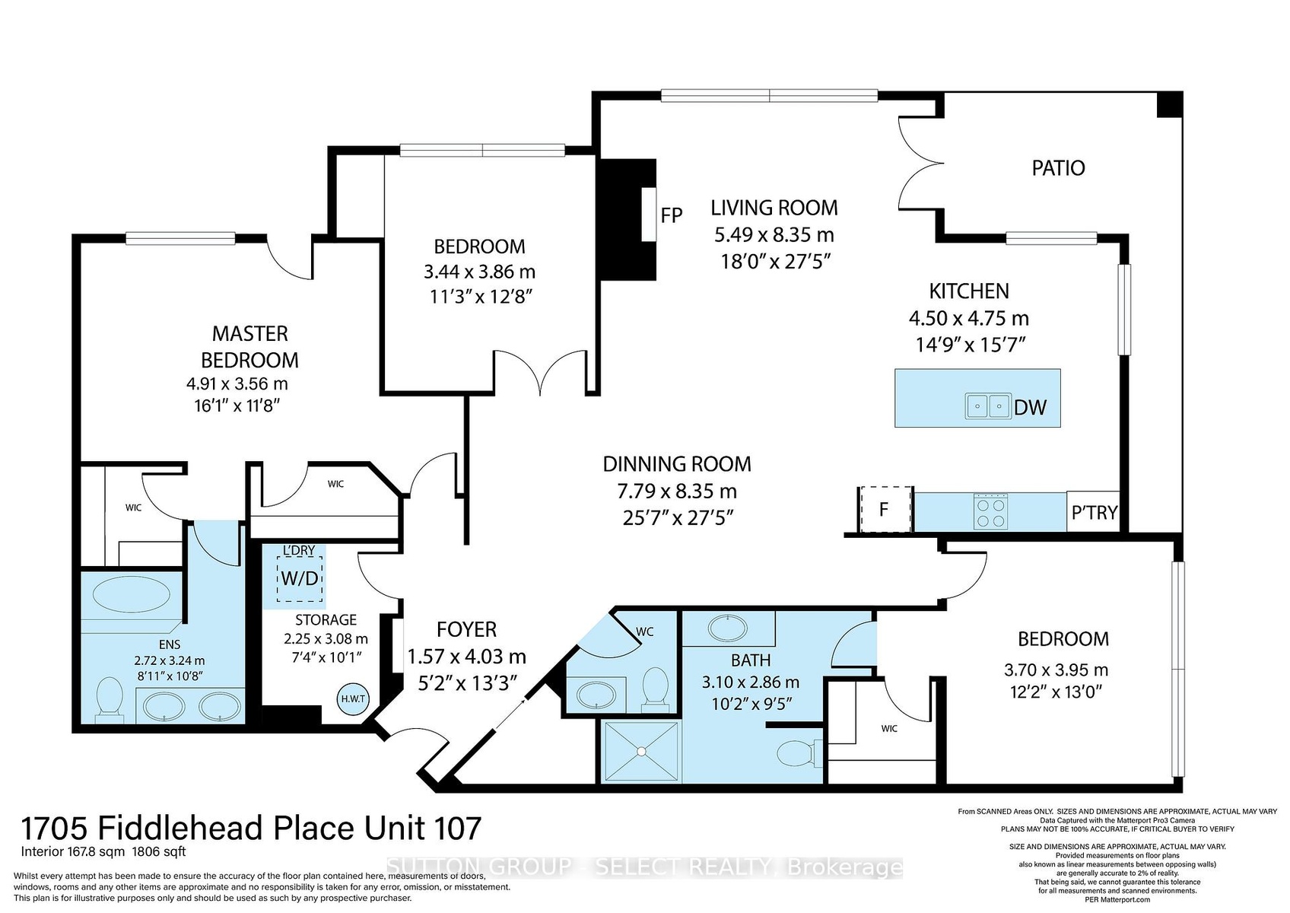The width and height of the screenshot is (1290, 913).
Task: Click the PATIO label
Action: pyautogui.click(x=1058, y=167)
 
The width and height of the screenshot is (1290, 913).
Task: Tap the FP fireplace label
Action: pyautogui.click(x=672, y=215)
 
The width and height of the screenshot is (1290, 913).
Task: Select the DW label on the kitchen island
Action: pyautogui.click(x=1030, y=407)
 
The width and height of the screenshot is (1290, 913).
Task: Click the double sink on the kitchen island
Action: pyautogui.click(x=988, y=406)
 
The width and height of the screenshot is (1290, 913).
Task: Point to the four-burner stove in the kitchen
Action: pyautogui.click(x=990, y=511)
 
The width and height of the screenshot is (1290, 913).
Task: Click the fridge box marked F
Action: pyautogui.click(x=885, y=509)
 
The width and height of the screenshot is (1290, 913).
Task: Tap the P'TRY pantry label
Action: pyautogui.click(x=1095, y=512)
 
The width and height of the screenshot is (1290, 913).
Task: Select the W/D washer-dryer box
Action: pyautogui.click(x=300, y=578)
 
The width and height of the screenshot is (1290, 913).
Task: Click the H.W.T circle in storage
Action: pyautogui.click(x=352, y=698)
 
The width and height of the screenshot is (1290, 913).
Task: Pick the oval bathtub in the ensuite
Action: pyautogui.click(x=132, y=596)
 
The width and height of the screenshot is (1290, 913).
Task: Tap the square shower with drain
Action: pyautogui.click(x=641, y=751)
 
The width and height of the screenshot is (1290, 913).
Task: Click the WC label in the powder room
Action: pyautogui.click(x=644, y=632)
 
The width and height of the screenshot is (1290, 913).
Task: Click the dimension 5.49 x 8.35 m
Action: pyautogui.click(x=774, y=235)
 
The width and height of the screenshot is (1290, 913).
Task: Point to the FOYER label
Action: pyautogui.click(x=466, y=630)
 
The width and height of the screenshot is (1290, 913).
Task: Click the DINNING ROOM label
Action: pyautogui.click(x=677, y=463)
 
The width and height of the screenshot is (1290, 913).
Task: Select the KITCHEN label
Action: pyautogui.click(x=969, y=291)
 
